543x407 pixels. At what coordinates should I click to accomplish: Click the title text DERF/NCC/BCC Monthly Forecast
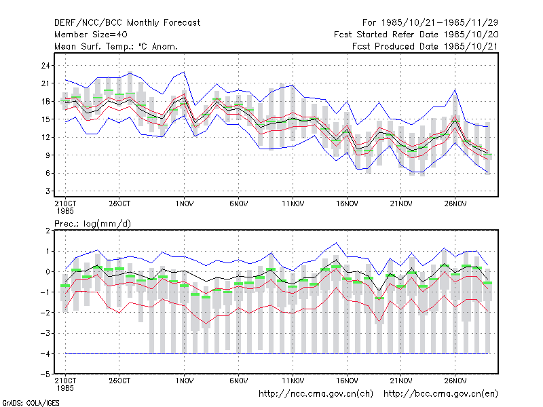click(127, 23)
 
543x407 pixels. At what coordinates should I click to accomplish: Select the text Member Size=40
click(91, 35)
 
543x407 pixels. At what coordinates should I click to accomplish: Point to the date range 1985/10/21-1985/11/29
click(430, 23)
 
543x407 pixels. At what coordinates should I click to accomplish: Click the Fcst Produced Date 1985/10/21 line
click(425, 46)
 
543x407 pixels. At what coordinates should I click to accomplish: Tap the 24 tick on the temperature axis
click(45, 65)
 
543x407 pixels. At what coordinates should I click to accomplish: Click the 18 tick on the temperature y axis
click(45, 101)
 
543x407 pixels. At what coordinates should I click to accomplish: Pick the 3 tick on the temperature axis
click(48, 191)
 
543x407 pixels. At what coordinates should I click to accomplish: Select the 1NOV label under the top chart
click(184, 204)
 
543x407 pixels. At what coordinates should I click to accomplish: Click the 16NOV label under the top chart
click(347, 204)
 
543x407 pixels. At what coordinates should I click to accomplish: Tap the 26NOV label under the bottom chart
click(455, 381)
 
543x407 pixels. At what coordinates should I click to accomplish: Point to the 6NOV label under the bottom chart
click(239, 381)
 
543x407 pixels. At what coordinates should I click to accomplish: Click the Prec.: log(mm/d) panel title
click(92, 224)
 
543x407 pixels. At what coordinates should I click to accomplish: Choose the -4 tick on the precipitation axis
click(45, 353)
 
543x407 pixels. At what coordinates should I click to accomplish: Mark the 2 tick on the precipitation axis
click(48, 231)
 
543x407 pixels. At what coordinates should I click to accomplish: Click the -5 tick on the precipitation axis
click(45, 374)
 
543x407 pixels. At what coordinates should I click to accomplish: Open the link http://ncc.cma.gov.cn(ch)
click(316, 394)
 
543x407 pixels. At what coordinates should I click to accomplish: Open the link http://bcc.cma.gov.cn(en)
click(441, 394)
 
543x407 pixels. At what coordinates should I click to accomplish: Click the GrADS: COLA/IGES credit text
click(31, 403)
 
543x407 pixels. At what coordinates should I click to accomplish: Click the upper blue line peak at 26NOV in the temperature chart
click(455, 90)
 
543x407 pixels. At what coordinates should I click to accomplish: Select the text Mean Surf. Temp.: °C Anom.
click(116, 46)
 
